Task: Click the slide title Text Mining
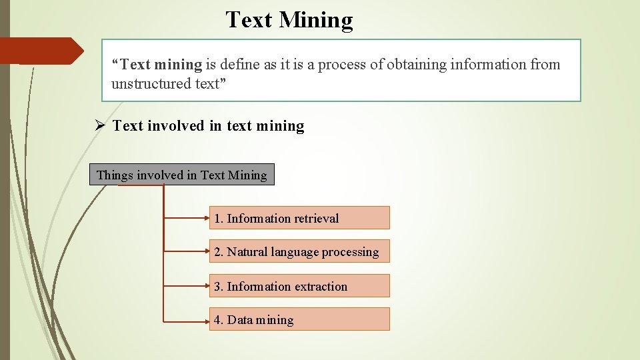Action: point(289,20)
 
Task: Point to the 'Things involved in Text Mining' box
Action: point(181,175)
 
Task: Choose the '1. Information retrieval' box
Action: point(299,218)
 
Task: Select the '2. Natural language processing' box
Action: point(299,252)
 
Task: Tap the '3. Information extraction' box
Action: point(299,286)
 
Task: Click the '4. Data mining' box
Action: point(299,319)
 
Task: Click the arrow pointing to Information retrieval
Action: point(187,217)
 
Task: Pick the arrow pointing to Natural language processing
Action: point(187,251)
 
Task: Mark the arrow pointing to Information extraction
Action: point(187,286)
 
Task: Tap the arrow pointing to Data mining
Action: point(187,321)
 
